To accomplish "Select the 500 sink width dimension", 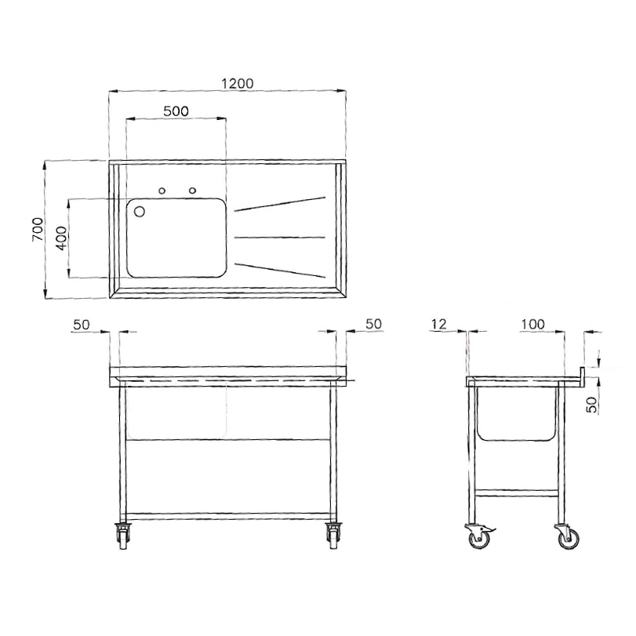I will pyautogui.click(x=176, y=111).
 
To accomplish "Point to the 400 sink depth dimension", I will pyautogui.click(x=60, y=237).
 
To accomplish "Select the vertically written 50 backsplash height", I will pyautogui.click(x=593, y=404).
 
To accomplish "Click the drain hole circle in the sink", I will pyautogui.click(x=139, y=211).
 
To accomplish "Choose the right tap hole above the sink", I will pyautogui.click(x=191, y=190).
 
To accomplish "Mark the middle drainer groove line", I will pyautogui.click(x=279, y=237).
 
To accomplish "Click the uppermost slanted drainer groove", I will pyautogui.click(x=279, y=203).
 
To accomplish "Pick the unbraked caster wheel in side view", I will pyautogui.click(x=565, y=539).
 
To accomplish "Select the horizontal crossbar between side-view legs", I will pyautogui.click(x=518, y=492).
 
